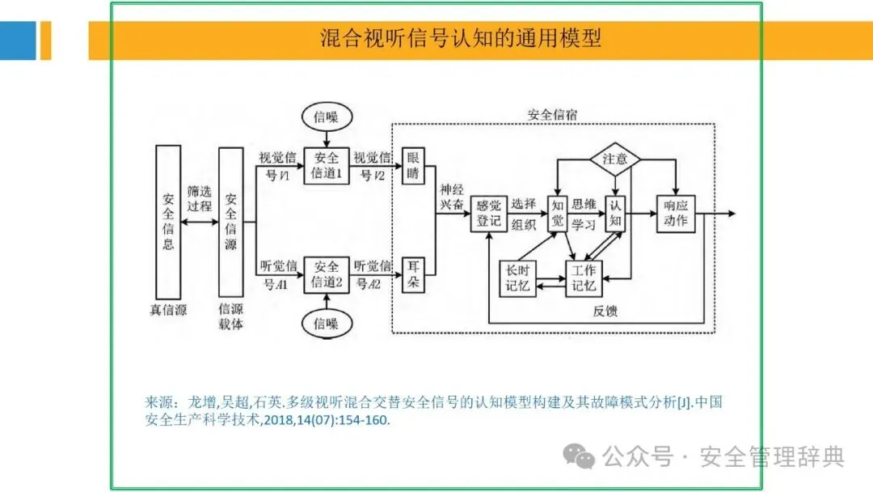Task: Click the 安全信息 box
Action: [x=168, y=221]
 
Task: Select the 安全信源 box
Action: [x=230, y=221]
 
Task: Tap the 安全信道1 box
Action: [x=327, y=166]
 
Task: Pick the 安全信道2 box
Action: [x=327, y=274]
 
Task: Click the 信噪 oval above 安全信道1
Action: [x=327, y=117]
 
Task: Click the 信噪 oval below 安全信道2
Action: [x=327, y=324]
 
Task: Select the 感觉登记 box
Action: [x=489, y=214]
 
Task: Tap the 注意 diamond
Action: [x=614, y=159]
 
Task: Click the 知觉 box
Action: [x=558, y=214]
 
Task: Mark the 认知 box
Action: [x=617, y=214]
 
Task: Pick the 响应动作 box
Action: [x=675, y=214]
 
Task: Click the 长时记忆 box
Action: [x=517, y=278]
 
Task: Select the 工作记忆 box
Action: [x=584, y=278]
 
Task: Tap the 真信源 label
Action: [x=168, y=309]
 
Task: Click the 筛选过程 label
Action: [x=199, y=199]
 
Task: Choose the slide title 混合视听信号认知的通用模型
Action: [x=461, y=38]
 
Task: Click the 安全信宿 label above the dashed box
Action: [x=552, y=114]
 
